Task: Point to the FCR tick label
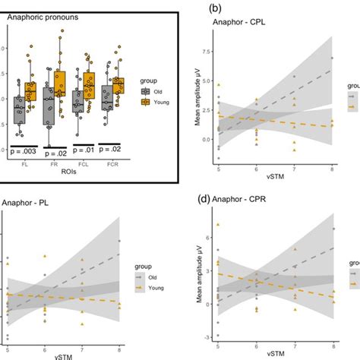click(114, 162)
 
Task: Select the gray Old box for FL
click(18, 109)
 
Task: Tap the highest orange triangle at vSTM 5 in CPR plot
click(217, 225)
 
